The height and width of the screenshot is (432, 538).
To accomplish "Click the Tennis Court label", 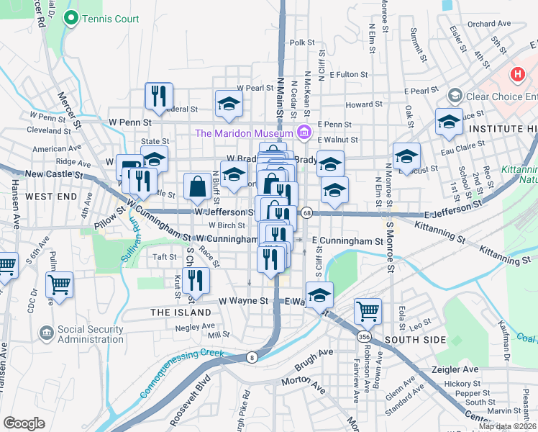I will pos(110,19).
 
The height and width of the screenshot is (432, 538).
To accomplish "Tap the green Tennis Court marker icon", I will pos(70,19).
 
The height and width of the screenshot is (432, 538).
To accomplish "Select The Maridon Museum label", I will pos(244,132).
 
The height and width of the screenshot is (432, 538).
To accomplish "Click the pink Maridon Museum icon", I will pos(304,132).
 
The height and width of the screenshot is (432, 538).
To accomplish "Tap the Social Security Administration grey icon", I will pos(46,333).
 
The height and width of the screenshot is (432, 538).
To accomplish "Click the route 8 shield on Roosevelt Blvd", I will pos(252,356).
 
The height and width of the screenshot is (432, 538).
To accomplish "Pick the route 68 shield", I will pos(306,212).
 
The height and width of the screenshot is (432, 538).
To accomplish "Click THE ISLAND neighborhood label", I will pos(181,312).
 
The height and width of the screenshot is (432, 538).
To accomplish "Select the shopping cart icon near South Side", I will pos(368,311).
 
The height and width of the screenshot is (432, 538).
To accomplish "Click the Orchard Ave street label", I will pos(488,24).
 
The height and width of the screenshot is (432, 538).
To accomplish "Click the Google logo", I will pos(24,423).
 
